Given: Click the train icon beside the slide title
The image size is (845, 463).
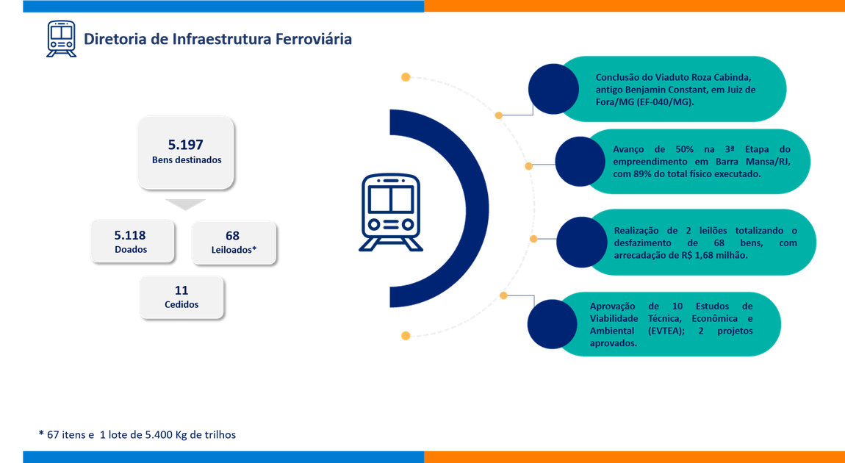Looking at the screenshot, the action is [x=62, y=38].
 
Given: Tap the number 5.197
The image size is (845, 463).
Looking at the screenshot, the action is [x=185, y=145].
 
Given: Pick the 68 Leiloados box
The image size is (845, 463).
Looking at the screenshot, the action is [x=234, y=243].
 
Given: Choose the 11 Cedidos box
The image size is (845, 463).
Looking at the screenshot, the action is [x=181, y=297].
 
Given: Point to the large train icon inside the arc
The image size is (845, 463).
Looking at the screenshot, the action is [x=391, y=212].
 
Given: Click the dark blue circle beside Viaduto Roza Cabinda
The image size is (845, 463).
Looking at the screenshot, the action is [x=553, y=89].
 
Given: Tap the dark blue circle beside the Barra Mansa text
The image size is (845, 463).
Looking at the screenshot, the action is [x=580, y=162].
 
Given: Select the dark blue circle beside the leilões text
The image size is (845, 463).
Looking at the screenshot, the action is [x=582, y=242].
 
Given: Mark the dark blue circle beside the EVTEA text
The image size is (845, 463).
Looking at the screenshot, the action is [x=553, y=324].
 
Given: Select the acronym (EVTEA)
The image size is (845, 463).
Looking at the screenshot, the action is [x=654, y=331].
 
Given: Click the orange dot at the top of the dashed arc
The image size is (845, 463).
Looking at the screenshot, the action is [x=406, y=78].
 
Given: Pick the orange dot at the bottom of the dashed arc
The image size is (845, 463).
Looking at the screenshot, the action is [x=406, y=336].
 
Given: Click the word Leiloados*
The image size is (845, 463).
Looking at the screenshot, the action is [x=234, y=250].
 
